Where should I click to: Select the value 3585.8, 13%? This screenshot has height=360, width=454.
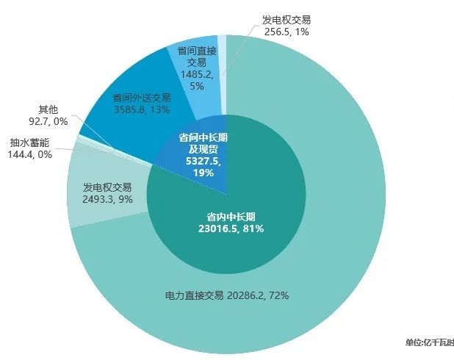point(142,110)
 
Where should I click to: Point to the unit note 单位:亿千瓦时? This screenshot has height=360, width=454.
point(429,342)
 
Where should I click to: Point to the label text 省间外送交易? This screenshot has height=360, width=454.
point(142,98)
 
